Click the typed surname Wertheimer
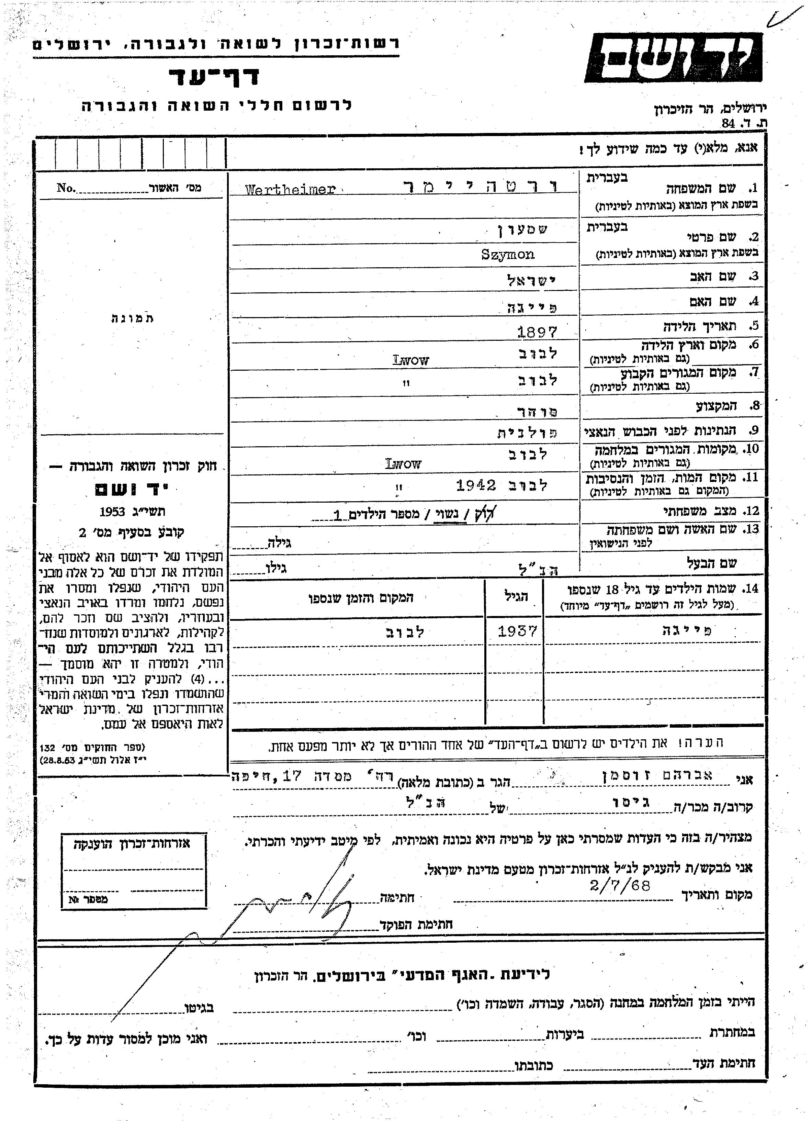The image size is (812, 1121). tap(290, 189)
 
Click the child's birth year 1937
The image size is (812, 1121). tap(517, 631)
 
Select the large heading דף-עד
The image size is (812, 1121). tap(214, 77)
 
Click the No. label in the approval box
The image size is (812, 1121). tap(66, 188)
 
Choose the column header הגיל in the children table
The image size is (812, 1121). tap(517, 597)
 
